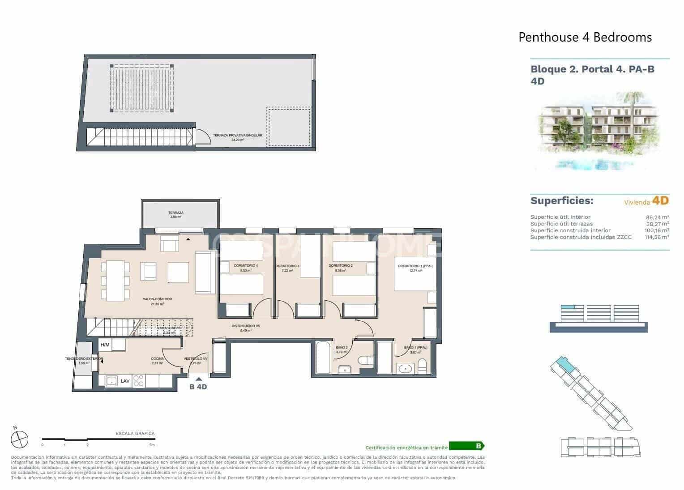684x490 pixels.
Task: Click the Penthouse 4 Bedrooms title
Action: tap(585, 37)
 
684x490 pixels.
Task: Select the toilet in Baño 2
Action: tap(364, 361)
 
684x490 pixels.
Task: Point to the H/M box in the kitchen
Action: tap(105, 345)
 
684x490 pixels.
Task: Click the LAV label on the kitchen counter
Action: tap(125, 381)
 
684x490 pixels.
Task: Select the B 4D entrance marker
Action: tap(198, 387)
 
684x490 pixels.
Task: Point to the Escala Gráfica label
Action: tap(135, 433)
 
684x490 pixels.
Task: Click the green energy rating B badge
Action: tap(466, 446)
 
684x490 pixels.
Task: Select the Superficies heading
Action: tap(561, 200)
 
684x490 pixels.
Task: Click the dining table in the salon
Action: tap(115, 281)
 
